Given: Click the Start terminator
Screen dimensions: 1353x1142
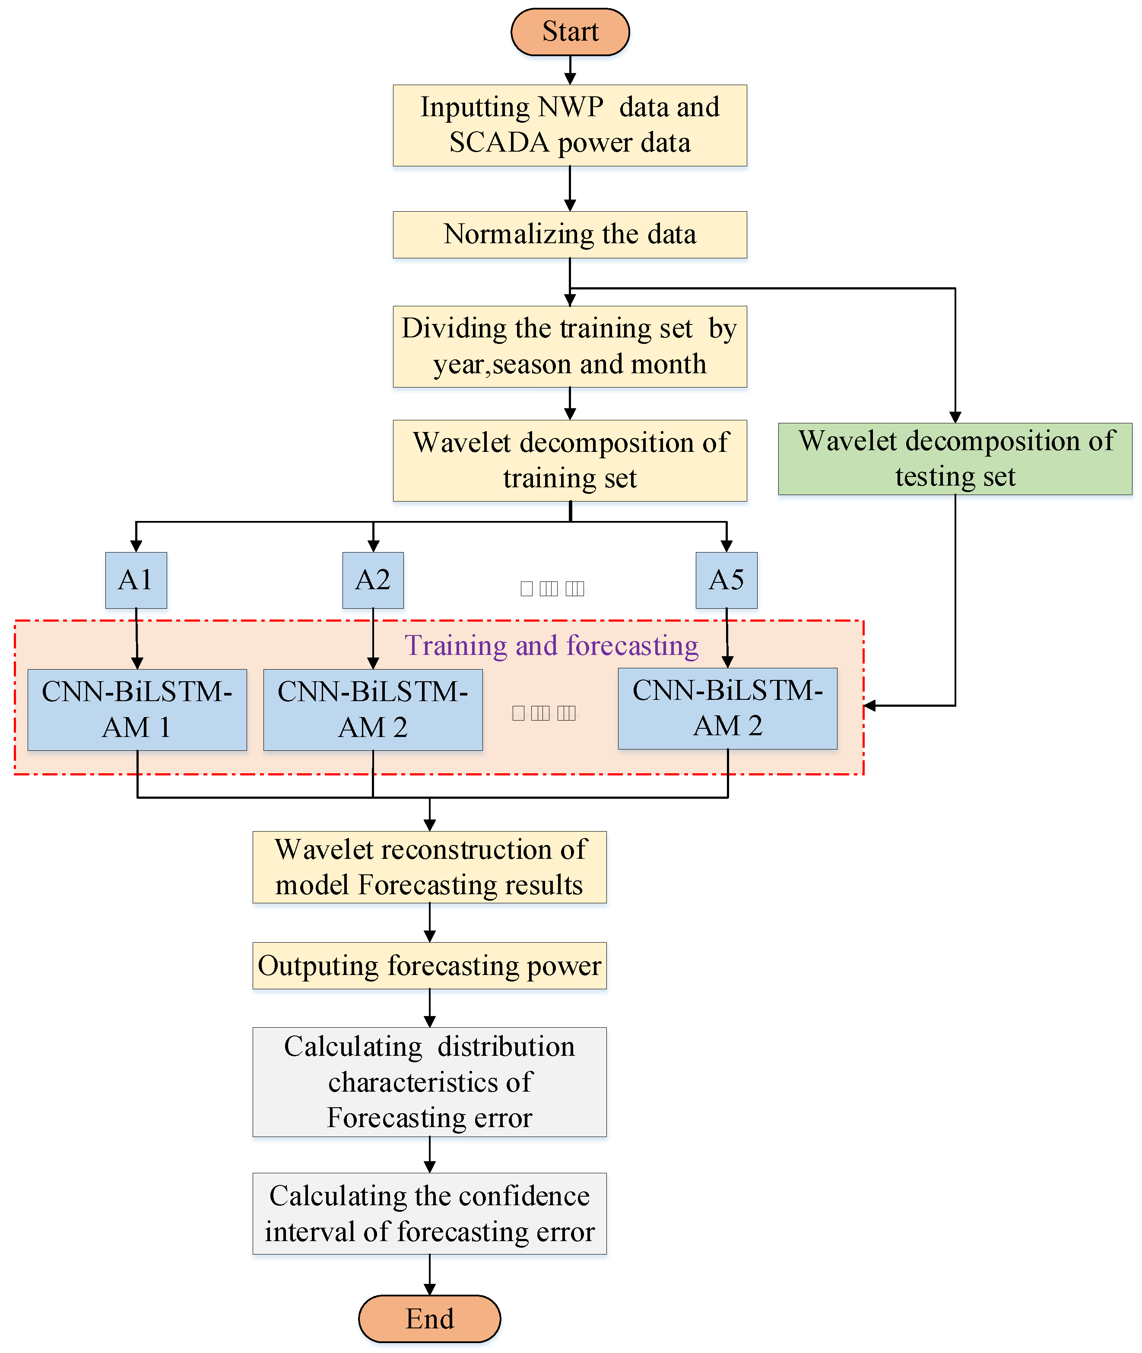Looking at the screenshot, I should [570, 32].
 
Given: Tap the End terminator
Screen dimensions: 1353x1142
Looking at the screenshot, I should [429, 1319].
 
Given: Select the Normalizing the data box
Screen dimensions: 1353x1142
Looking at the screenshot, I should [570, 234].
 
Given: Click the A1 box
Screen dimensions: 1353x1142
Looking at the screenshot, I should [136, 580].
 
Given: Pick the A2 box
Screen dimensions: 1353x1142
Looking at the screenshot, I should [373, 580].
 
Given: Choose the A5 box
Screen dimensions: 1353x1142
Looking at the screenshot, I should [726, 580].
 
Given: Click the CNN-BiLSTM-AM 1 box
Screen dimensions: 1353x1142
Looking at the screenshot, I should [137, 709].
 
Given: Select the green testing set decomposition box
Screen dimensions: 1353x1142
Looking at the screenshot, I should [955, 459].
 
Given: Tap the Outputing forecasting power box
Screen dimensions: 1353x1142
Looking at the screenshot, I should [429, 965].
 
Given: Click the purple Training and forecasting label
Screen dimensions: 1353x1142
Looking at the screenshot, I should [552, 645].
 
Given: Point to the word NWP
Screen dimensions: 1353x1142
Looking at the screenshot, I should [571, 107].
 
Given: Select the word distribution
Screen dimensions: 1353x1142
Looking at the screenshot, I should [506, 1047].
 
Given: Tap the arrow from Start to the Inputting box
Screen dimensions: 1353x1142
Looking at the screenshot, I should [570, 70].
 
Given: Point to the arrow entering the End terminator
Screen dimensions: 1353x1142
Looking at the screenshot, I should [429, 1275].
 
